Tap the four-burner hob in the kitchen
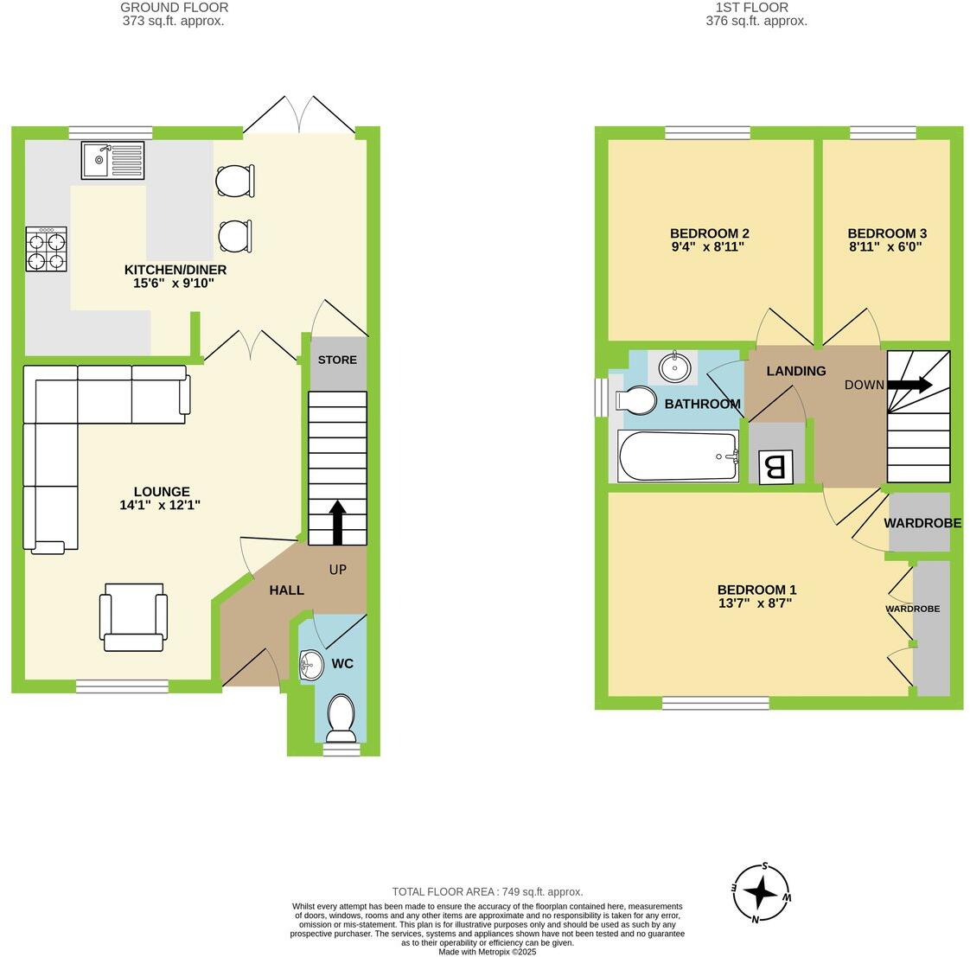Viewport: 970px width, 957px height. point(47,249)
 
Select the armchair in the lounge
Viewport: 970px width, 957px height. point(133,616)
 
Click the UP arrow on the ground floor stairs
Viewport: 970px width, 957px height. point(337,521)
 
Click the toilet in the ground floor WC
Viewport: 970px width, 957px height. point(341,718)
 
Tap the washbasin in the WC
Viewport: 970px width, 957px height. point(310,665)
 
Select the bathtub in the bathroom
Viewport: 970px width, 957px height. point(677,456)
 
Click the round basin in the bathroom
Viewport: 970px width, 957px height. point(675,367)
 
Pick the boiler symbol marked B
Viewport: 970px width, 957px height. point(775,468)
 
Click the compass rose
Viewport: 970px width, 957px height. point(761,892)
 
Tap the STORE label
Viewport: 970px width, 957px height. point(337,360)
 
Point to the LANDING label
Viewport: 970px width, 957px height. point(796,371)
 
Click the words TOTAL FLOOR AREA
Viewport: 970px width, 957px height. point(444,891)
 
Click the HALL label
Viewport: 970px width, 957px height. point(286,590)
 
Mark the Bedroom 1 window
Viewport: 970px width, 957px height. point(715,704)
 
